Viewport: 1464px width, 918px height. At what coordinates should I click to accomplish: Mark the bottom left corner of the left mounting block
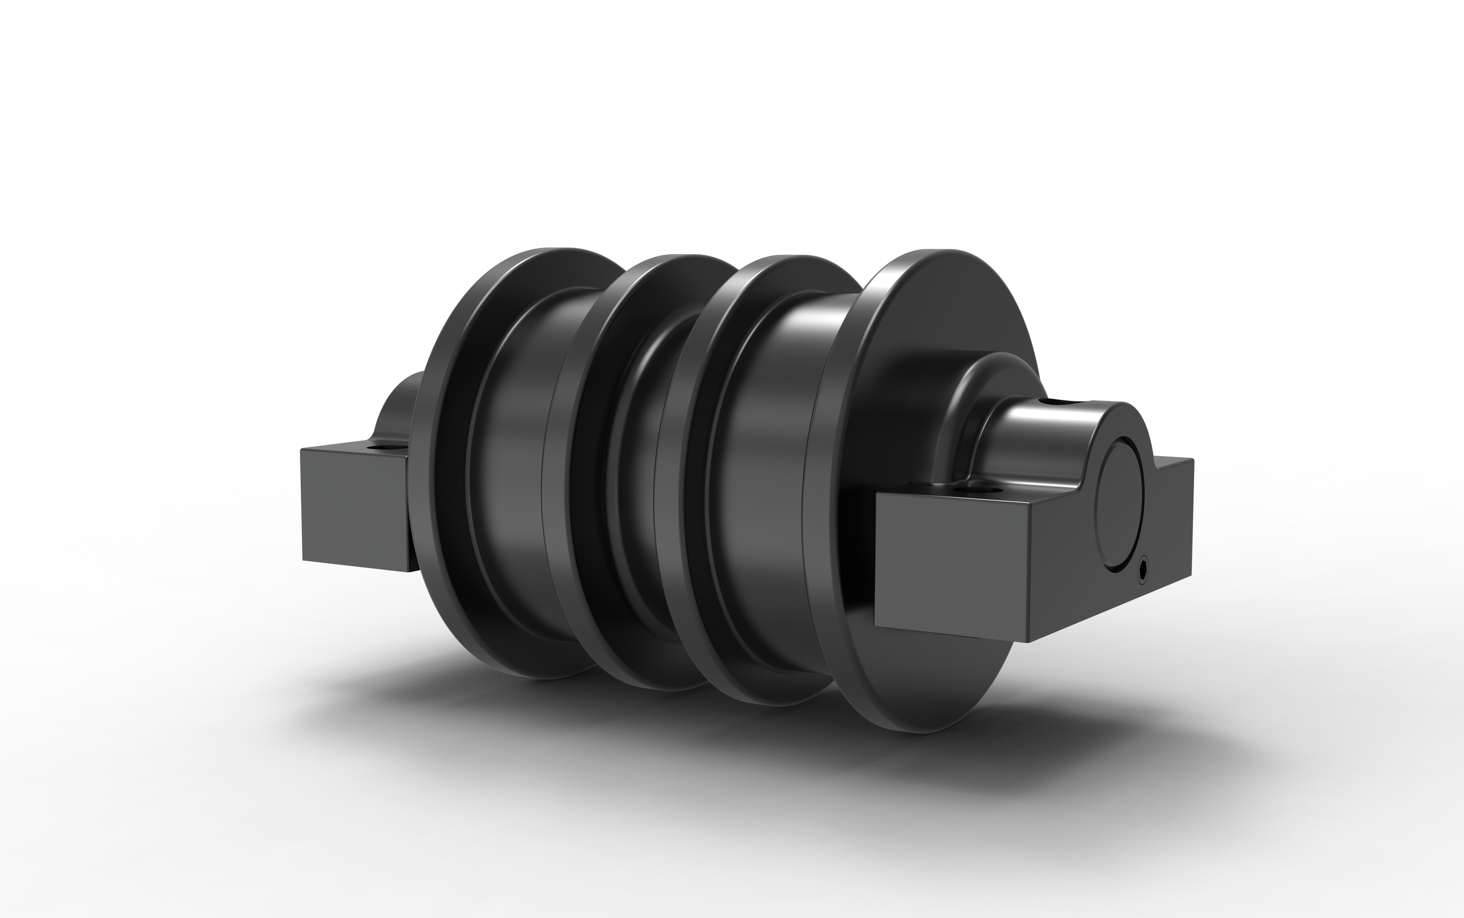[x=303, y=560]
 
